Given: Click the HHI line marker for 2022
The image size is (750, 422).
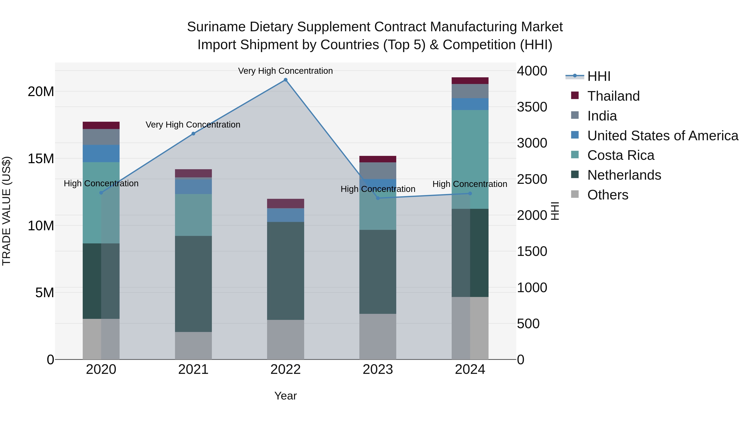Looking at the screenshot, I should click(x=285, y=80).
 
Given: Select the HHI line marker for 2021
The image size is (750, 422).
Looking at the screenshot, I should click(x=193, y=134).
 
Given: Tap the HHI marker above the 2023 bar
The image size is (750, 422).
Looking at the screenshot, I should click(x=378, y=198).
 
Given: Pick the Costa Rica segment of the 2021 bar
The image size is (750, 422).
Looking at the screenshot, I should click(x=193, y=215).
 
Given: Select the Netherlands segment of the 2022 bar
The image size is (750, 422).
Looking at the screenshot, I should click(x=285, y=271).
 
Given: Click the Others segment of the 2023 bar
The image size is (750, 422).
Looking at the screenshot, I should click(x=378, y=336).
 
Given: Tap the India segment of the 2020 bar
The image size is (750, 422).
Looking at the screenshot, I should click(x=101, y=137).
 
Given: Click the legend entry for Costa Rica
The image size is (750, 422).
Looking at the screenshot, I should click(x=620, y=155).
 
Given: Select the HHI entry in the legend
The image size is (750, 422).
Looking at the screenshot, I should click(x=599, y=76).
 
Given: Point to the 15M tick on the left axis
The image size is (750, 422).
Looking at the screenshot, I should click(x=41, y=159).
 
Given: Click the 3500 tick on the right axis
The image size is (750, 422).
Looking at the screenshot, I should click(x=532, y=107).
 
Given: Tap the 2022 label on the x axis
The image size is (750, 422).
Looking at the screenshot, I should click(x=285, y=369).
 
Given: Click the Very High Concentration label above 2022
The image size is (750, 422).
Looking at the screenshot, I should click(x=285, y=71).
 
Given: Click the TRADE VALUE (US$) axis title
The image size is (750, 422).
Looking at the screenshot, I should click(x=6, y=211).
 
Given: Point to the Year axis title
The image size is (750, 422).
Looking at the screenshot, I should click(x=285, y=396).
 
